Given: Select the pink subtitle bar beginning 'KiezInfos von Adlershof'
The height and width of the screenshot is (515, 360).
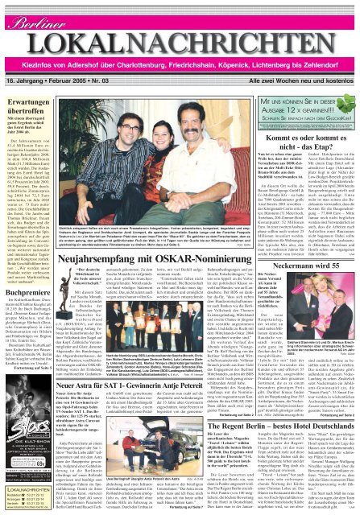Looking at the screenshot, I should (180, 47).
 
